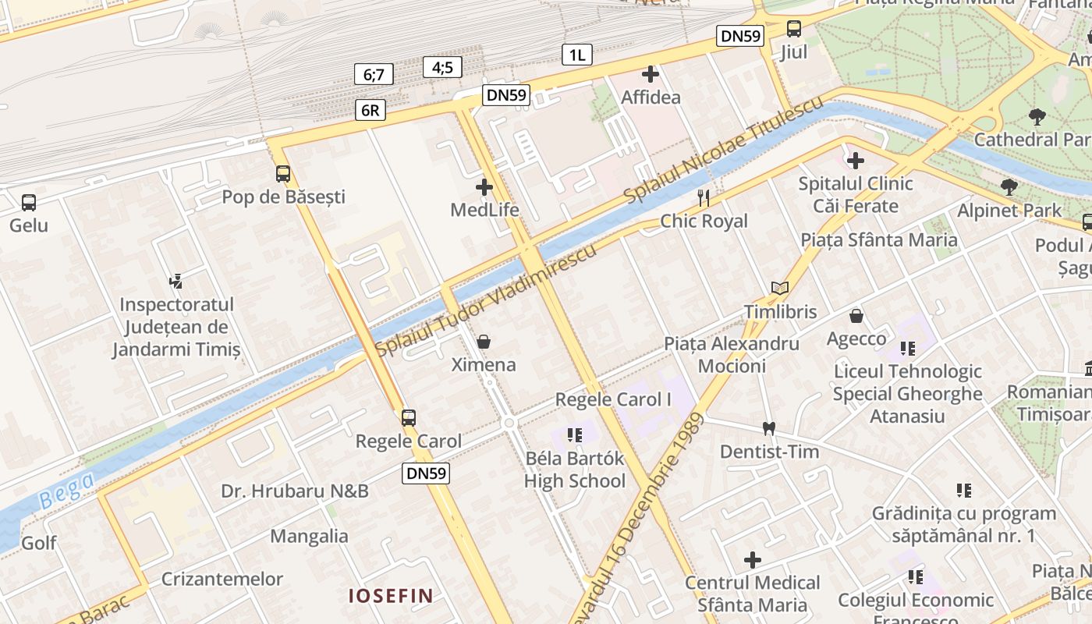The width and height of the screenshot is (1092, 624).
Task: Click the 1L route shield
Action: point(577,55)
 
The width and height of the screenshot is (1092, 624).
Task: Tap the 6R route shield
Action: point(370,110)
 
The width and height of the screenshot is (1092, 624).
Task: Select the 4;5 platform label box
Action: point(442,67)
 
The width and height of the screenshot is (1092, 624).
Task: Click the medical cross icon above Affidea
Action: point(651,75)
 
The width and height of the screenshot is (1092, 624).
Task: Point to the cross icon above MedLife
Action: point(484,187)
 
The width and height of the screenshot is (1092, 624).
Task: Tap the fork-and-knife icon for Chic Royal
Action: point(704,198)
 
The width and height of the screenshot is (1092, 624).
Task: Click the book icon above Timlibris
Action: point(779,288)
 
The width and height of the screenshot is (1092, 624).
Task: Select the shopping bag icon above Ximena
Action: point(484,342)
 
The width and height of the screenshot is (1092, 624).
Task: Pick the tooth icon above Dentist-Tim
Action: point(769,428)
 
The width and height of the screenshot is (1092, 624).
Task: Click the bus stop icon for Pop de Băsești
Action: point(283,174)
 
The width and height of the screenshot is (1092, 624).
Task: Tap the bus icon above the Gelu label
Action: point(29,203)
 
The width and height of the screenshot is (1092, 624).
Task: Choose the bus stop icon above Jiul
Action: point(794,30)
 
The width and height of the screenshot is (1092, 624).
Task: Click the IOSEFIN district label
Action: point(390,596)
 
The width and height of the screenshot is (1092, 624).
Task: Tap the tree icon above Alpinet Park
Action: point(1009,187)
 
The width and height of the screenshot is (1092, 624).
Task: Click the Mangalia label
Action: point(310,537)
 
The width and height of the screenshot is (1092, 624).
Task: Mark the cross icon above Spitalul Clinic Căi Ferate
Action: point(856,161)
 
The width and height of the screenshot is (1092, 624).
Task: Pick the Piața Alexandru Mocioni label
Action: point(732,355)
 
